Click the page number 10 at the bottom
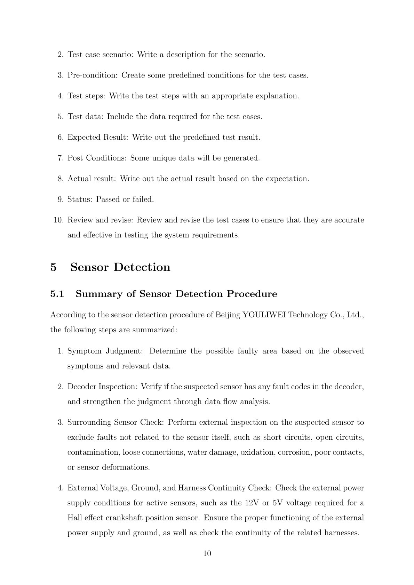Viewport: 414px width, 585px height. click(x=207, y=553)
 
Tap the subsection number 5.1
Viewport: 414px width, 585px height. click(x=57, y=294)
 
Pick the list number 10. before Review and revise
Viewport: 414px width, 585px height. click(x=58, y=220)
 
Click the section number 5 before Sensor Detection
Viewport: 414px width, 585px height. click(x=54, y=267)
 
